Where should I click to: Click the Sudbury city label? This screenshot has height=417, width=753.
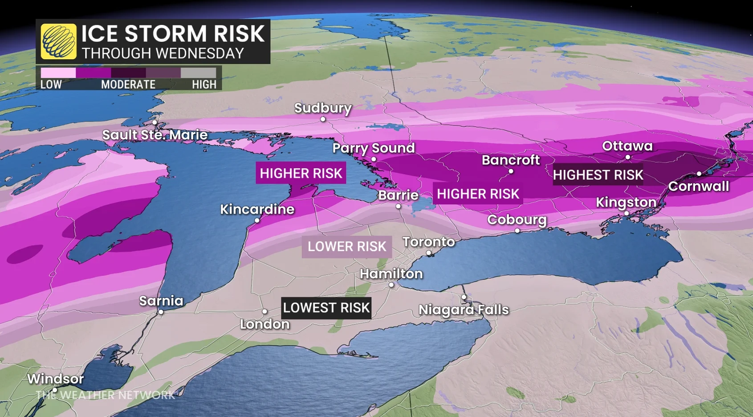323,108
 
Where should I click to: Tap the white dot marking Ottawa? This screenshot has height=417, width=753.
627,157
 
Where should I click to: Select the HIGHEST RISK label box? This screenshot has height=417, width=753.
598,175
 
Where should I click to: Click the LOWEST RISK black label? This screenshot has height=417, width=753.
326,308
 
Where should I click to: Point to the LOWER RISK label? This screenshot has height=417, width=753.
346,247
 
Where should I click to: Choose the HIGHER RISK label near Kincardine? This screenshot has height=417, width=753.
301,173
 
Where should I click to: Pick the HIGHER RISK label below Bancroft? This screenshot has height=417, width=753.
477,194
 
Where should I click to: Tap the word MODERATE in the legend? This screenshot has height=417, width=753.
128,85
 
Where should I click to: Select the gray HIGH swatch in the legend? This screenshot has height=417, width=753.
199,73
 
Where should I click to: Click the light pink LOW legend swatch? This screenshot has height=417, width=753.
58,73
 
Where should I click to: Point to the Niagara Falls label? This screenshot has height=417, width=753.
464,310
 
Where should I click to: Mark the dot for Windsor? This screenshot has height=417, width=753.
55,390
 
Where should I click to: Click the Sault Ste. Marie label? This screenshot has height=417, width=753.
155,135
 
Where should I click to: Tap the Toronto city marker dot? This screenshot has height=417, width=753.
428,253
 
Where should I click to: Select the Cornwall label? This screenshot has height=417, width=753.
698,186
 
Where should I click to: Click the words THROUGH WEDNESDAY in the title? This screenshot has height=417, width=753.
163,53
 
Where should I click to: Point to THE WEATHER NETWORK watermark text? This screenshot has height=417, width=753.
105,395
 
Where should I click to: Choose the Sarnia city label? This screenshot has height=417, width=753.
161,301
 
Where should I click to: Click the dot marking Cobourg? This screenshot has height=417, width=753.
517,231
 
